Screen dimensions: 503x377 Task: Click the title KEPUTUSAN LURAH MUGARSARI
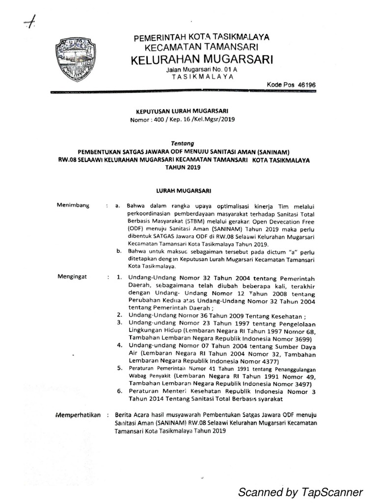[179, 112]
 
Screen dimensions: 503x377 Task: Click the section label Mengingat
[72, 277]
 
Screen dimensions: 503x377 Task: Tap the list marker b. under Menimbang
[119, 251]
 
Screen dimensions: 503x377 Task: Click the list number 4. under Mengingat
[119, 345]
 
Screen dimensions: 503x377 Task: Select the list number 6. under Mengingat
[119, 391]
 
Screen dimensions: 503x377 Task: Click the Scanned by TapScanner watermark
[300, 492]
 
